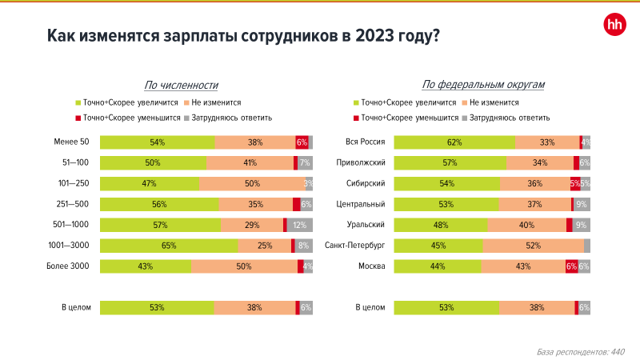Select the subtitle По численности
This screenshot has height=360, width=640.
[x=182, y=85]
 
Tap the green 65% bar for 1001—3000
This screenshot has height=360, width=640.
[x=168, y=246]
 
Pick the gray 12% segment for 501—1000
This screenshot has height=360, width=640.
[x=299, y=225]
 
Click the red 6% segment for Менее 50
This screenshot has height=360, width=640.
[x=302, y=142]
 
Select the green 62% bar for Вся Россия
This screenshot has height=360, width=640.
[x=454, y=142]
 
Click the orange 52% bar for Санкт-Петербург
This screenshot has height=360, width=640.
[x=533, y=246]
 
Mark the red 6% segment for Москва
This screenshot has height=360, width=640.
[x=571, y=266]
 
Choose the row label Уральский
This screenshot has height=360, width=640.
[x=370, y=225]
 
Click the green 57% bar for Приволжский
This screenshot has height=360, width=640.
[x=450, y=163]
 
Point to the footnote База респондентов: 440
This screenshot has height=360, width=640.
[x=580, y=351]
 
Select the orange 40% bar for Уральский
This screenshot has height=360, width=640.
[x=526, y=225]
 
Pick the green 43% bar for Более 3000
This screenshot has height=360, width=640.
[x=145, y=266]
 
